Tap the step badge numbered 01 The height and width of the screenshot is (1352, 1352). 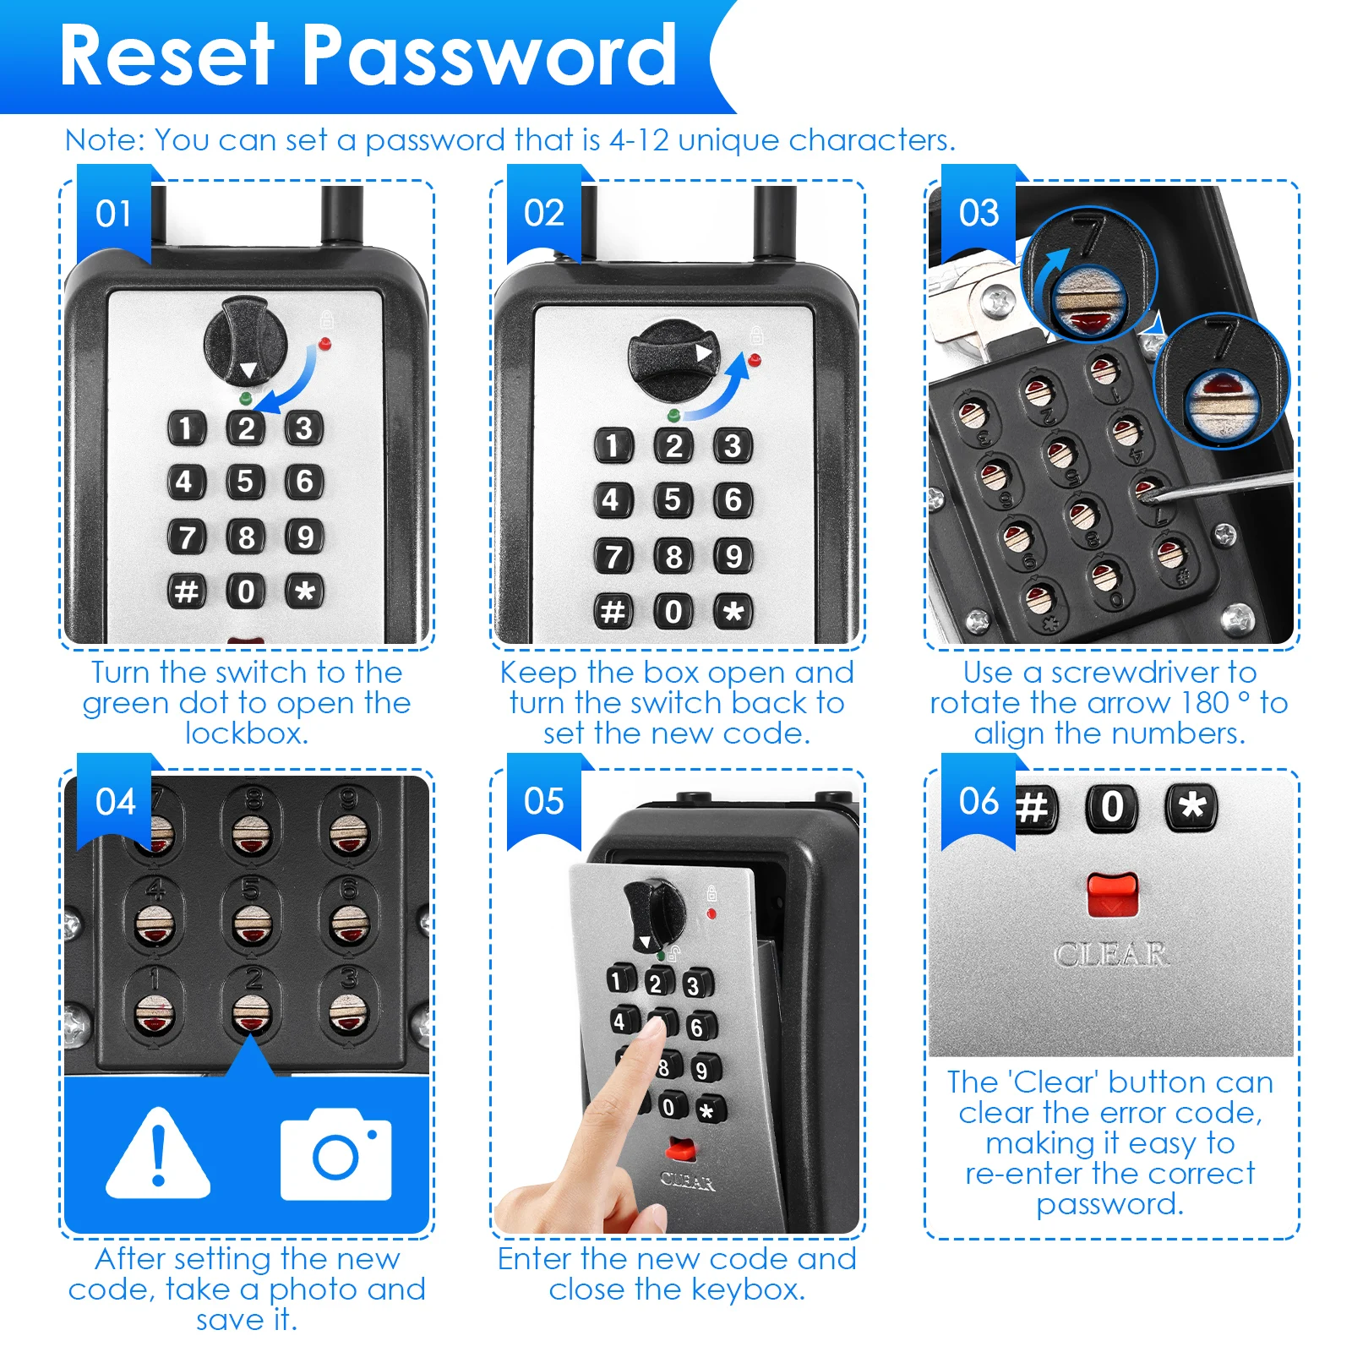click(113, 214)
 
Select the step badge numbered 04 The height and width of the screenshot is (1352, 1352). click(115, 802)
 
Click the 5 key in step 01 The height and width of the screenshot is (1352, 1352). click(245, 482)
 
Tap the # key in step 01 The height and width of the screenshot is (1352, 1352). click(186, 591)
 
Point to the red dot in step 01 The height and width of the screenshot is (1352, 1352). click(325, 344)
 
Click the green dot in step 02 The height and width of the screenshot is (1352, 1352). click(673, 415)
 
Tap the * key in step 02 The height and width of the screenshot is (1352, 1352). click(733, 611)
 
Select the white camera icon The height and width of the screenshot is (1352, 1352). click(336, 1155)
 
